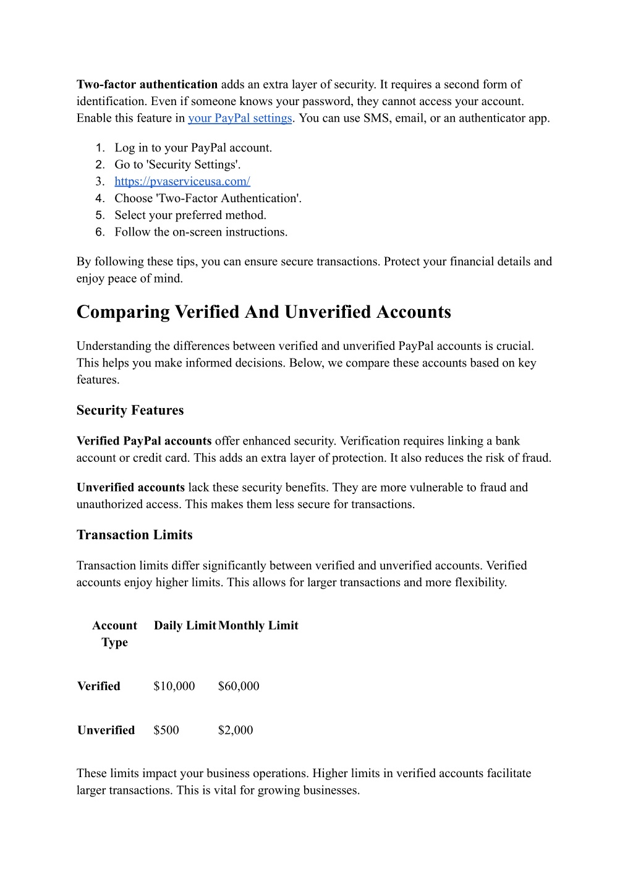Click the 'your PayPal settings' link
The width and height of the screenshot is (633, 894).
coord(240,118)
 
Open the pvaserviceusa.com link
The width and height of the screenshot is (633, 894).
coord(182,181)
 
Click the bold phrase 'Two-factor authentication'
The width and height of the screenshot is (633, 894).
coord(147,85)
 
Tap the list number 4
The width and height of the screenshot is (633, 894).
coord(100,198)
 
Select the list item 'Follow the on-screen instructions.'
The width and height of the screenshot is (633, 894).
coord(201,232)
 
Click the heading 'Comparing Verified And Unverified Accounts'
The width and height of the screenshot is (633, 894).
coord(264,312)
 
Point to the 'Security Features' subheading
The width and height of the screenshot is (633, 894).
coord(130,411)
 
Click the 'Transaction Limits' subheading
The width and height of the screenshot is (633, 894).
coord(135,535)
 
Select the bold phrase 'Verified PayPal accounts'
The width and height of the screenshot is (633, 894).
coord(144,441)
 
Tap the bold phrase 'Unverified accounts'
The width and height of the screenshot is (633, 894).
coord(130,487)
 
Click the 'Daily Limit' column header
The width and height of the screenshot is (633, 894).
coord(185,626)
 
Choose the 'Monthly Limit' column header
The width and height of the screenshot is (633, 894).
coord(258,626)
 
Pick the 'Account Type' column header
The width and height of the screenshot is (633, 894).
coord(115,634)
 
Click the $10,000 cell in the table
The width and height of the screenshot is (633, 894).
coord(174,686)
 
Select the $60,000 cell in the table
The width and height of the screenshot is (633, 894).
coord(239,686)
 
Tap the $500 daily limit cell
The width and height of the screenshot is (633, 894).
coord(166,730)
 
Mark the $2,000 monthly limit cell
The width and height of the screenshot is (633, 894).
coord(236,730)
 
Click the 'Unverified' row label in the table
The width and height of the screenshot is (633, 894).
coord(106,730)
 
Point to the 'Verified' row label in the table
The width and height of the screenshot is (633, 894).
coord(99,686)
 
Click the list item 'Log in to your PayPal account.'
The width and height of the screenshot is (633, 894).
coord(193,148)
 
